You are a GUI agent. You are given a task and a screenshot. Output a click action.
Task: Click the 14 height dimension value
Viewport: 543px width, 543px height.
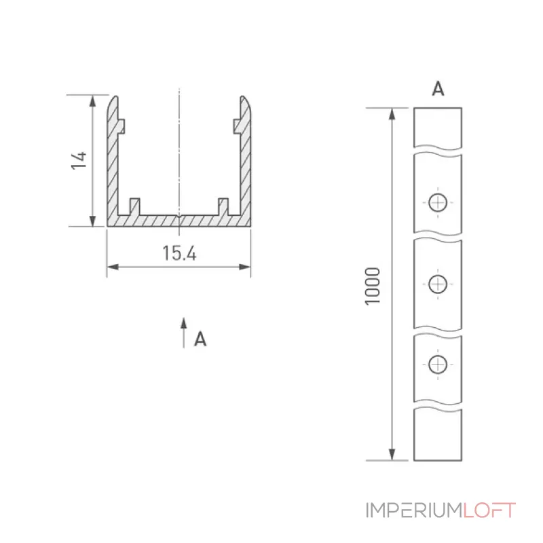click(79, 160)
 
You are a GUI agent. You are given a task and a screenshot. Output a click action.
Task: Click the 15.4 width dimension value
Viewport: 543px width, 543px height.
click(179, 253)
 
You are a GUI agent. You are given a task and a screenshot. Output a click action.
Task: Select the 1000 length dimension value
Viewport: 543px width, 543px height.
click(373, 286)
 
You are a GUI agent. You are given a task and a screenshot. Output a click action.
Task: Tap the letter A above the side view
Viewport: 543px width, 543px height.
click(438, 89)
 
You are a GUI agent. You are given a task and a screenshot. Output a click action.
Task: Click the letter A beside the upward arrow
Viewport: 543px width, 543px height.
click(200, 339)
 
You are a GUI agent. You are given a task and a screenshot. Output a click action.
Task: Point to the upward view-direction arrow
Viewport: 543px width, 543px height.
click(183, 333)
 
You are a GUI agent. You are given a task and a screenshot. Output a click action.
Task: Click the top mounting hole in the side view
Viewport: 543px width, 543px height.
click(438, 202)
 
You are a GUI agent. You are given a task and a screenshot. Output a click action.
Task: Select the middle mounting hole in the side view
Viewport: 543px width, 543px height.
click(438, 284)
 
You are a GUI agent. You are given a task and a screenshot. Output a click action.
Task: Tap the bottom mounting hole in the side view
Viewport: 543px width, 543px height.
click(438, 364)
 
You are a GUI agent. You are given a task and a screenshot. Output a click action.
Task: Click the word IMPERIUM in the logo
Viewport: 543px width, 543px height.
click(414, 510)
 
